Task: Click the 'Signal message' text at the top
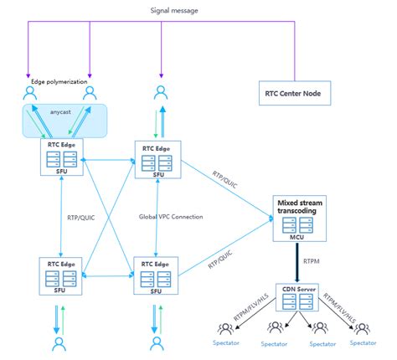197,11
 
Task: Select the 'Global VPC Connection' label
171,217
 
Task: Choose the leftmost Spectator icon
224,329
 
